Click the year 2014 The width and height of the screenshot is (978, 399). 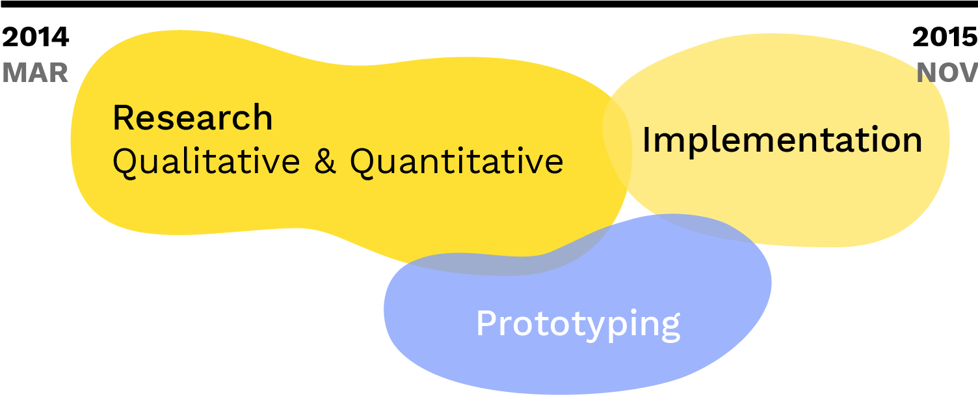(x=35, y=38)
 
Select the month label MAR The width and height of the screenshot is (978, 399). (x=35, y=73)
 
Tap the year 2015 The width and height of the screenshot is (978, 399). (x=945, y=38)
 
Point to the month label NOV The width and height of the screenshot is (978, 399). (x=947, y=73)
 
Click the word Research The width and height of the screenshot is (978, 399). (x=192, y=118)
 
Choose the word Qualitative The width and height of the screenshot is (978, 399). (x=206, y=161)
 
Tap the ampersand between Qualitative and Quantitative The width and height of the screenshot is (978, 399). (x=325, y=161)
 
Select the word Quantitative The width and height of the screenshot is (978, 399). (x=456, y=161)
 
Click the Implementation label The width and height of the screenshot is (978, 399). (x=782, y=140)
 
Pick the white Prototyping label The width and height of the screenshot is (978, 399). (x=578, y=323)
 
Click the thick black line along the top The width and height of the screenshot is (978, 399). (x=489, y=4)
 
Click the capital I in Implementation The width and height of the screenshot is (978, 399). (x=646, y=139)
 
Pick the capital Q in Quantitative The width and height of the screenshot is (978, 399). (x=363, y=161)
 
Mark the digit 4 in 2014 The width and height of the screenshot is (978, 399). (x=60, y=38)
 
